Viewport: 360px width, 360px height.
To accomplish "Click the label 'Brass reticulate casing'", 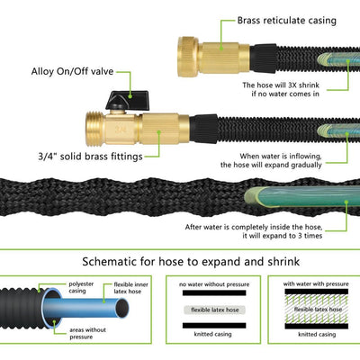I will coord(287,20).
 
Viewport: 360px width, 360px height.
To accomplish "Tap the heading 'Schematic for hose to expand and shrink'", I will coord(180,261).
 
